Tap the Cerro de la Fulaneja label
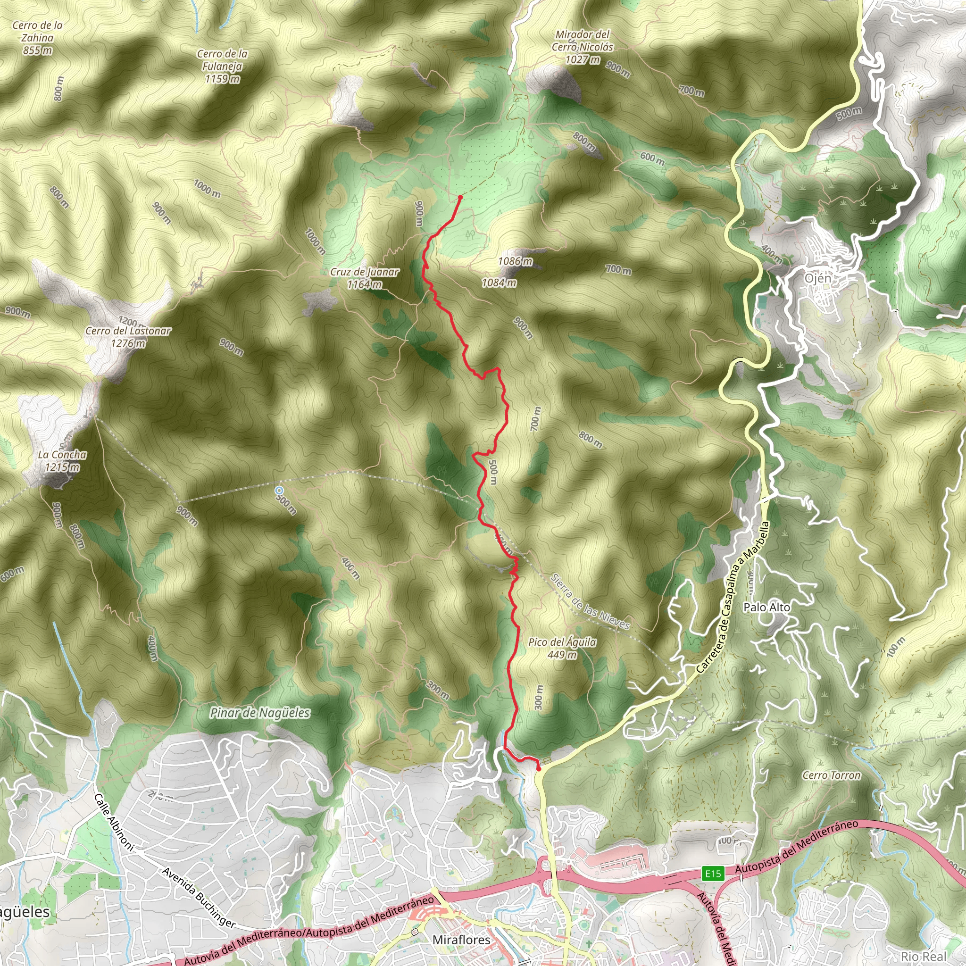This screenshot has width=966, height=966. tap(222, 66)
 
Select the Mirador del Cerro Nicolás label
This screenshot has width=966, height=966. tap(583, 47)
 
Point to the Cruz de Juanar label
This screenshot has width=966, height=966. tap(365, 278)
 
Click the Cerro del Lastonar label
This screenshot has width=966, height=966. tap(128, 336)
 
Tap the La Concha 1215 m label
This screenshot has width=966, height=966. tap(62, 460)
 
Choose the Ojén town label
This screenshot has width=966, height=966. tap(818, 278)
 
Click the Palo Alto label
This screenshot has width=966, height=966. tap(766, 608)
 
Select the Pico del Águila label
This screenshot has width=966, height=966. tap(562, 648)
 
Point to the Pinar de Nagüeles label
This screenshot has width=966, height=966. tap(259, 713)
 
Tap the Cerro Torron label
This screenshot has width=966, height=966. tap(831, 775)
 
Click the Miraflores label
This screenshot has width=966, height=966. tap(461, 940)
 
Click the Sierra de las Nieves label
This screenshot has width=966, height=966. tap(590, 601)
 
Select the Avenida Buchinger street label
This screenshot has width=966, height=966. tap(199, 897)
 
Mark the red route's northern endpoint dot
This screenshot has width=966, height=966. tap(460, 197)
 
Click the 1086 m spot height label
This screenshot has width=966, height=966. tap(515, 261)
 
